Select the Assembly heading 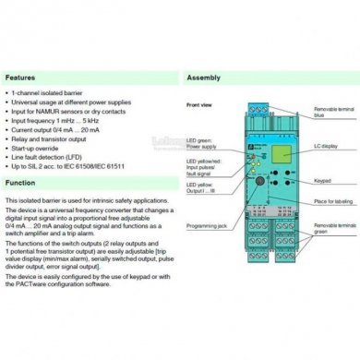click(x=205, y=78)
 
